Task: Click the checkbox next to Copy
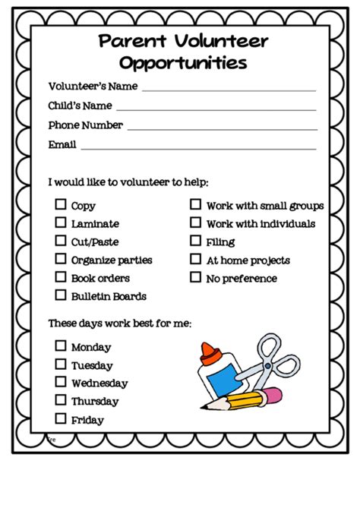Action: click(60, 204)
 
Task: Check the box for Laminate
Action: click(60, 222)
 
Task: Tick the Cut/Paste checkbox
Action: click(60, 241)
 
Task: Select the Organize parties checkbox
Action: click(60, 259)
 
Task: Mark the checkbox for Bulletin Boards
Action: click(60, 295)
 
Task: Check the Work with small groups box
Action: click(195, 204)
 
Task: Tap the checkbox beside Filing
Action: click(195, 241)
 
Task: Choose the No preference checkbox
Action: click(195, 278)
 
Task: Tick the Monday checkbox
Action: click(60, 346)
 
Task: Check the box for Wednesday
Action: click(60, 382)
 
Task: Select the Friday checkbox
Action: click(60, 418)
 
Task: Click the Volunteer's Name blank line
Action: click(228, 89)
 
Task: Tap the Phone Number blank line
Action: click(221, 128)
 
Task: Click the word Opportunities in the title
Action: click(183, 63)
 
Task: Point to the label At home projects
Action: click(248, 260)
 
